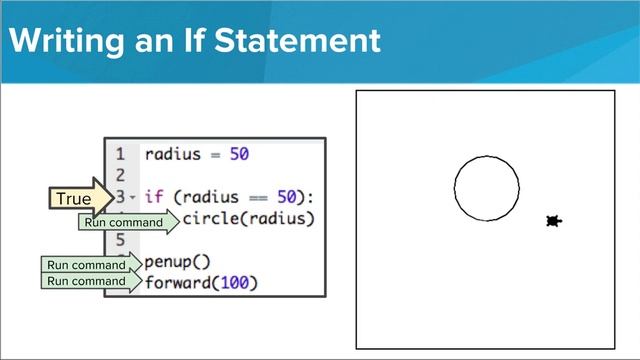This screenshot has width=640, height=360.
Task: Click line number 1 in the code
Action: [120, 155]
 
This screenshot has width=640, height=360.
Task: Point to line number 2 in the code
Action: [120, 176]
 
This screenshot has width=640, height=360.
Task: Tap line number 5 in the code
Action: [120, 240]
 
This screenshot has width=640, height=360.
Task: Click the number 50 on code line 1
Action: [238, 155]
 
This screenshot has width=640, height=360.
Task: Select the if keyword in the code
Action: [153, 197]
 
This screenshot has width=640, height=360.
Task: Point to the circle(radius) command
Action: [248, 218]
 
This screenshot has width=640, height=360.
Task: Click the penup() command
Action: [178, 262]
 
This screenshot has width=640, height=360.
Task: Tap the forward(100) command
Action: [201, 283]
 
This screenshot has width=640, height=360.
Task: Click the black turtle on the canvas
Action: [553, 221]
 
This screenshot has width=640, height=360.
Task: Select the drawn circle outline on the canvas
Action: [455, 188]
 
